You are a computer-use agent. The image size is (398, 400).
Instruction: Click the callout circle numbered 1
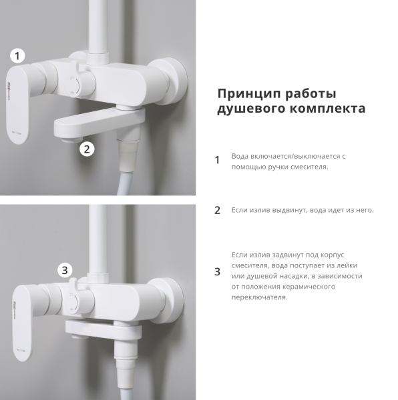(x=18, y=56)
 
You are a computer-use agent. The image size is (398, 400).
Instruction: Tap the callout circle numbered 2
(x=87, y=149)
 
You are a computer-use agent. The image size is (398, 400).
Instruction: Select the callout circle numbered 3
(x=64, y=270)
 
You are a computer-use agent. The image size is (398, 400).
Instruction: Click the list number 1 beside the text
(x=216, y=160)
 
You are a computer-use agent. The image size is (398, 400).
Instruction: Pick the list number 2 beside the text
(x=216, y=210)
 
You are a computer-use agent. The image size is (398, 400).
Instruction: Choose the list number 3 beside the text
(x=216, y=271)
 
